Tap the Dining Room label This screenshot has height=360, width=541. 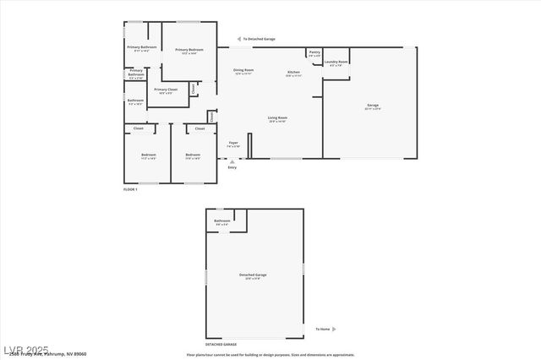[x=243, y=71]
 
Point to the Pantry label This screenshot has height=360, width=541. [x=314, y=53]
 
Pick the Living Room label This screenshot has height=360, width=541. [x=277, y=119]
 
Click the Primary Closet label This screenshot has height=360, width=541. [x=166, y=90]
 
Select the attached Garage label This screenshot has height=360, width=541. [x=372, y=106]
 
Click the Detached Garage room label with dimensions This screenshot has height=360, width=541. [x=253, y=276]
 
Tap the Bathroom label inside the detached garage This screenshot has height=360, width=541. [x=221, y=222]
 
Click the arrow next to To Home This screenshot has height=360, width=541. [x=334, y=329]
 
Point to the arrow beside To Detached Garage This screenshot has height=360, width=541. [x=238, y=39]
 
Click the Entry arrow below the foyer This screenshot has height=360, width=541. [x=232, y=161]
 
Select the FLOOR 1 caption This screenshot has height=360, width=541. [x=130, y=189]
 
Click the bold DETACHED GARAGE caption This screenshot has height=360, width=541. [x=221, y=345]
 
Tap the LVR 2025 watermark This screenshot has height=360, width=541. [x=25, y=349]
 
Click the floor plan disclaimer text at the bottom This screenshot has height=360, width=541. [x=270, y=355]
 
